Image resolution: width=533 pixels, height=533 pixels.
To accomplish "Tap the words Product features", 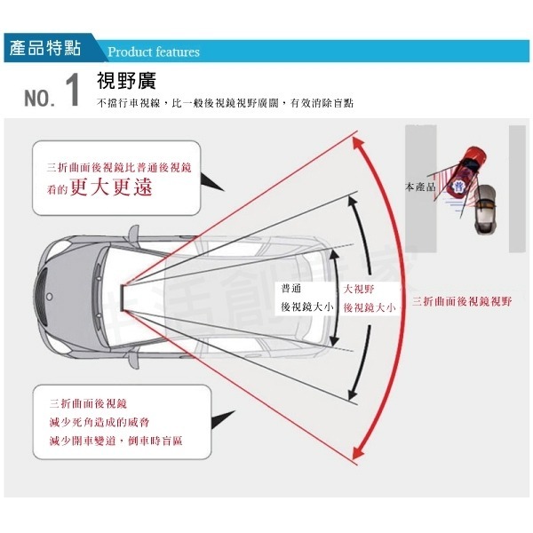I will (x=153, y=52).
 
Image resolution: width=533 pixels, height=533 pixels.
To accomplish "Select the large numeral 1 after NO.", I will (x=73, y=92).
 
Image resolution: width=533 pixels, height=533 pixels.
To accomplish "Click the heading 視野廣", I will (x=126, y=82).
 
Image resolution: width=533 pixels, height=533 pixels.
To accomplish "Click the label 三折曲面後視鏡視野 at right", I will (x=462, y=302).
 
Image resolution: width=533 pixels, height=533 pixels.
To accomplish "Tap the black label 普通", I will (x=291, y=289).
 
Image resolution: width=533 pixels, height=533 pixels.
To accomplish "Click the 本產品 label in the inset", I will (x=420, y=188).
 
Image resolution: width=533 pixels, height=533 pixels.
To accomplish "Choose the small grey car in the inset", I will (x=485, y=212).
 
